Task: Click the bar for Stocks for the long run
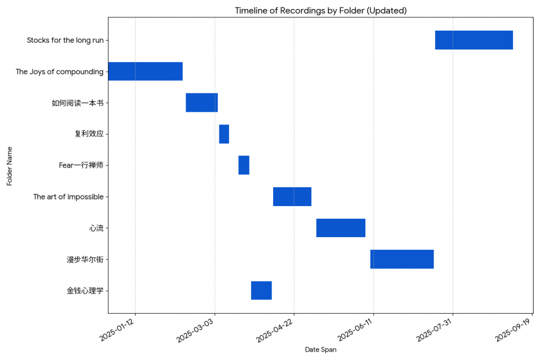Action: (474, 40)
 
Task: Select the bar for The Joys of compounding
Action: (145, 71)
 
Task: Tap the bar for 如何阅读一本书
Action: (201, 102)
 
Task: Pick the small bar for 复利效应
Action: (224, 134)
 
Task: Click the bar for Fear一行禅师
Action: (244, 165)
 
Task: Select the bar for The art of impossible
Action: (292, 197)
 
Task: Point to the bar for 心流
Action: (341, 228)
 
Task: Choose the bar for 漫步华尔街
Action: (402, 259)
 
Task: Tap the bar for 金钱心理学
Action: (261, 290)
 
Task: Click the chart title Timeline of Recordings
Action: (321, 11)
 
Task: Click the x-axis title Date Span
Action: (321, 349)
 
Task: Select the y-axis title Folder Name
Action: (9, 166)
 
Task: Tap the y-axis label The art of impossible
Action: (68, 197)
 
